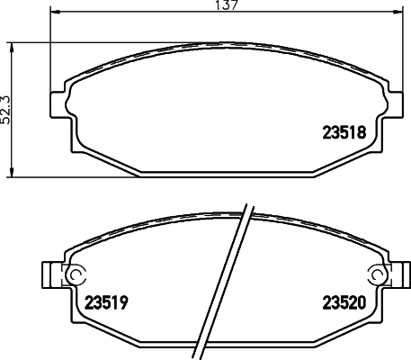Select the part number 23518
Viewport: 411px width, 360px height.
click(342, 131)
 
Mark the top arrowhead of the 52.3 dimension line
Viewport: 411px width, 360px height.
click(12, 44)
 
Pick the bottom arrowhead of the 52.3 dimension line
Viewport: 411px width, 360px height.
click(12, 173)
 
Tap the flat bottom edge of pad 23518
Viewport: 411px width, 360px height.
click(228, 173)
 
